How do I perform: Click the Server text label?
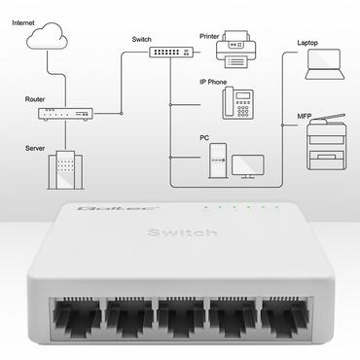pos(36,148)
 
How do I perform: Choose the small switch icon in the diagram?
pos(169,53)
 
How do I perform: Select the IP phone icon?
pos(236,101)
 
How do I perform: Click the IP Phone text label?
pos(215,82)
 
